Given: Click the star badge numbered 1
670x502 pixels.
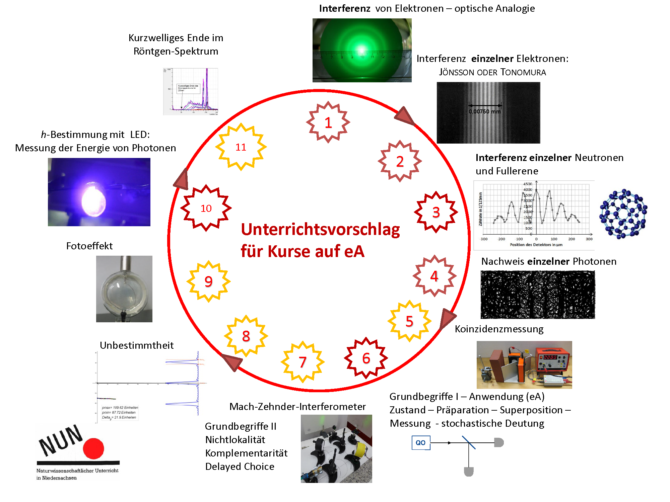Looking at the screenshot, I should coord(328,122).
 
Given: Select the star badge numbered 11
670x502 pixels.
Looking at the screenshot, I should coord(241,147).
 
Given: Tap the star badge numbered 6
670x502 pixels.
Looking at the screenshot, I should coord(366,358).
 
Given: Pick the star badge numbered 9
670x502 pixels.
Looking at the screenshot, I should coord(208,281).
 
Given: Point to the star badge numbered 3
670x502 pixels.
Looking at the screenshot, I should coord(436,212).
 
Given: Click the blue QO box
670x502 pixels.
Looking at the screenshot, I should coord(421,443).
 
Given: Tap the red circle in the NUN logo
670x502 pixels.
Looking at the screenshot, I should coord(93,448).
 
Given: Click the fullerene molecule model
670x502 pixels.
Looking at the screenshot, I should coord(623,214).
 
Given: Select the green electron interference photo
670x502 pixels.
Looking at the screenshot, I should coord(362,50).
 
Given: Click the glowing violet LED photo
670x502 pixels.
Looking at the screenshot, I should coord(99,192).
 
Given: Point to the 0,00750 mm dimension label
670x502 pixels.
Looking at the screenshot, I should coord(484,111).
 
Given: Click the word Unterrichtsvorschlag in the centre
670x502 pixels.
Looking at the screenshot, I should coord(320,230).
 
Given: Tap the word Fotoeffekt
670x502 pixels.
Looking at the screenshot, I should coord(89,246).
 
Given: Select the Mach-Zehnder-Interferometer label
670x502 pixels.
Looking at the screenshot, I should coord(297,407).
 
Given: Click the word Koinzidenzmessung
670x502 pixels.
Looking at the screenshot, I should coord(499,329).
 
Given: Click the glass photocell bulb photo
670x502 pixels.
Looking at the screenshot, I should coord(124,289).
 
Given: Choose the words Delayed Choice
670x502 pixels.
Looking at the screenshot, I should coord(240,467).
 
